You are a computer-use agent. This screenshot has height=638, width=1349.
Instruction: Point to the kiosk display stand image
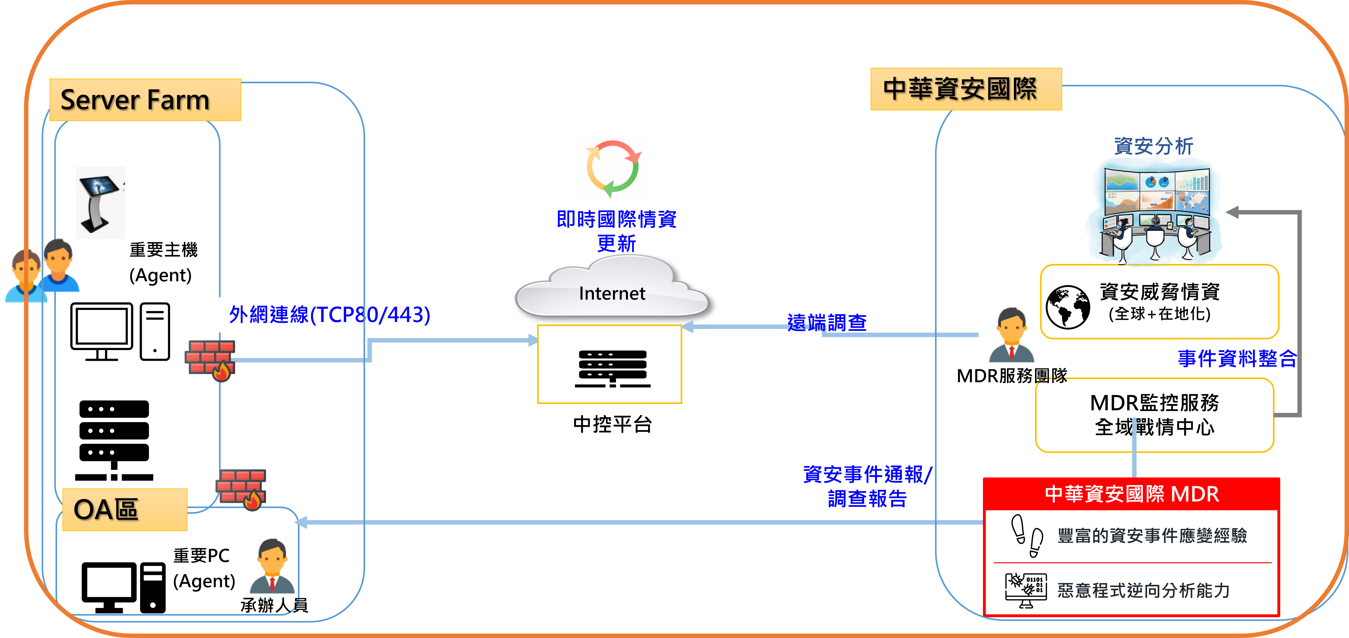point(98,202)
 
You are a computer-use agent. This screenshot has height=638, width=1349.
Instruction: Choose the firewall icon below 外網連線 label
point(210,360)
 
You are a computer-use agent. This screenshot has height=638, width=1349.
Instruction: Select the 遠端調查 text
point(826,322)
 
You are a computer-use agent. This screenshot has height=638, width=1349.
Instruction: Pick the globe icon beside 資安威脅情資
point(1067,307)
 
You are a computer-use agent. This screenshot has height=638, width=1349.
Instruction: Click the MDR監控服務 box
point(1154,414)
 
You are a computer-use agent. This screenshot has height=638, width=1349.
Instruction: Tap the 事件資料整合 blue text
point(1237,359)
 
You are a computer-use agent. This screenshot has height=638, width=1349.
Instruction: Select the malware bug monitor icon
point(1025,590)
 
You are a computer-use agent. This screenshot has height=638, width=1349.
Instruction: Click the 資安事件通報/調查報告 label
point(867,486)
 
